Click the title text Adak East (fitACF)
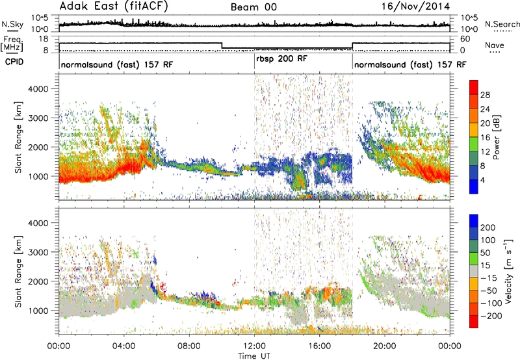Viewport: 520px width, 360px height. [x=114, y=6]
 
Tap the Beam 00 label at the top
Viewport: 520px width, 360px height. [x=253, y=7]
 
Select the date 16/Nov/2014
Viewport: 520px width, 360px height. [x=415, y=6]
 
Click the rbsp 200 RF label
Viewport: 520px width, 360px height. [x=281, y=59]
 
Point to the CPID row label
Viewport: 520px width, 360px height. [x=14, y=62]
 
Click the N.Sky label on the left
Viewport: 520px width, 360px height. [x=12, y=24]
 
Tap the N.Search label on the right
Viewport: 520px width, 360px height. [x=502, y=24]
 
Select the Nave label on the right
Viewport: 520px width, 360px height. [x=495, y=45]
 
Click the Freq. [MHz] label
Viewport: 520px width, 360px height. [x=12, y=44]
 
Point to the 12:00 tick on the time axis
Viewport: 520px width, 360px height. [x=254, y=346]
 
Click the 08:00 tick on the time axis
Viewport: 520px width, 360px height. [x=189, y=346]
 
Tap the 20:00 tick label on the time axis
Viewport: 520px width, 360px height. [x=385, y=346]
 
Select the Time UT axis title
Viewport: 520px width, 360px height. [x=254, y=355]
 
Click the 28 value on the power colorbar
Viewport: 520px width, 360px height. [x=485, y=95]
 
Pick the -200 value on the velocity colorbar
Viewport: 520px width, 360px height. [x=491, y=316]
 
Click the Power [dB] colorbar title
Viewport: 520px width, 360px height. [x=497, y=137]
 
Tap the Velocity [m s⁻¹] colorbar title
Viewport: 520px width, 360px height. [x=508, y=271]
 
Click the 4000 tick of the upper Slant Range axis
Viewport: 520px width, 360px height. [x=38, y=89]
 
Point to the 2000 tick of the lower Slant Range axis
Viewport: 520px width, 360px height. [x=38, y=281]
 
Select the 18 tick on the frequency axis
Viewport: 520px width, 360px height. [x=44, y=39]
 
